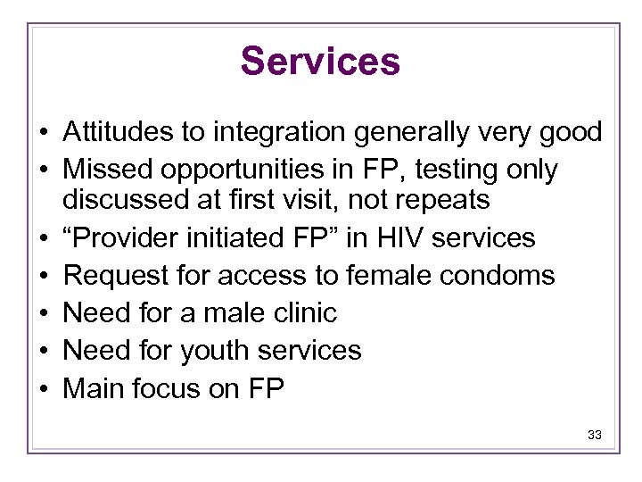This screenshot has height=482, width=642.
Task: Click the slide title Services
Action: (x=320, y=62)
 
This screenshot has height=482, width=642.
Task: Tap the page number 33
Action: (x=595, y=436)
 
